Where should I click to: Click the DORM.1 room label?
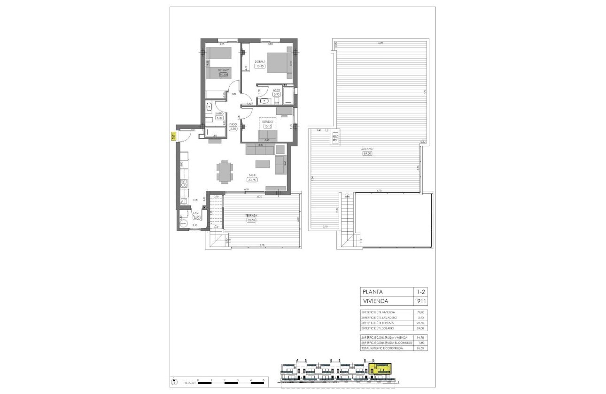(x=260, y=62)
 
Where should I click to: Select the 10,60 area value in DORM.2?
(x=223, y=75)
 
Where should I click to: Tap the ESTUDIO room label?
(x=268, y=121)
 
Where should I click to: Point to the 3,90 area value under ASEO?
(x=276, y=94)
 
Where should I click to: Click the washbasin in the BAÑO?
(x=209, y=107)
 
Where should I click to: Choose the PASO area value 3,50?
(x=233, y=129)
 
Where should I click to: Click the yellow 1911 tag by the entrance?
(x=173, y=136)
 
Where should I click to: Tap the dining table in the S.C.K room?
(x=225, y=171)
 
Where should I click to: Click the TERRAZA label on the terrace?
(x=252, y=216)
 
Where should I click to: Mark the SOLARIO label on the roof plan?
(x=366, y=149)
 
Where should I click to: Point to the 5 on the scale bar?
(x=264, y=380)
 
